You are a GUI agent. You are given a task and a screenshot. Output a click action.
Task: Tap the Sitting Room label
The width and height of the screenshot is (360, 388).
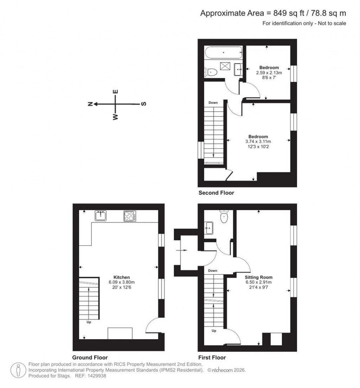259,277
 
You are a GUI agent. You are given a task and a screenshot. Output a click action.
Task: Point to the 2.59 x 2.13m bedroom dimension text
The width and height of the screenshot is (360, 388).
269,73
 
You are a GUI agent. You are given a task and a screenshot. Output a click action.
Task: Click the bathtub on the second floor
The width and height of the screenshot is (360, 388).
224,53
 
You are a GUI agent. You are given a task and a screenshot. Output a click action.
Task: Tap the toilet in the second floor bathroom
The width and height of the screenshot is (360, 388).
211,72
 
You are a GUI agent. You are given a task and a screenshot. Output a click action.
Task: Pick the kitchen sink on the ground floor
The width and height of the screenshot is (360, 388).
101,215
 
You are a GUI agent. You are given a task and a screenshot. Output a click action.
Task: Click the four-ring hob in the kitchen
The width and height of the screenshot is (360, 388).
130,216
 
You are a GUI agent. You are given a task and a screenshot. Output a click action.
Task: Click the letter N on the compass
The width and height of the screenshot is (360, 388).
90,104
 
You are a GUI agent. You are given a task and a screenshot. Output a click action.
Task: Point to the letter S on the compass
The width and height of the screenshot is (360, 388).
143,104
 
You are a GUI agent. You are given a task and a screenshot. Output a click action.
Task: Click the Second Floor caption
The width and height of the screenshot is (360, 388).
216,193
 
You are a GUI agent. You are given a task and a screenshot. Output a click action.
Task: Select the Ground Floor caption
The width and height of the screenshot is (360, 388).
90,357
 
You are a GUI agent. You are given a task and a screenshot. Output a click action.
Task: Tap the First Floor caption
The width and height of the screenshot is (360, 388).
212,357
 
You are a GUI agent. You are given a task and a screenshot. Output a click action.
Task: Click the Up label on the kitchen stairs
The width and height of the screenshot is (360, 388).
89,322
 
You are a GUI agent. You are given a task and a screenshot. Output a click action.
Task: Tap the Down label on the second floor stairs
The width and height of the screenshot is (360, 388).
213,103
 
